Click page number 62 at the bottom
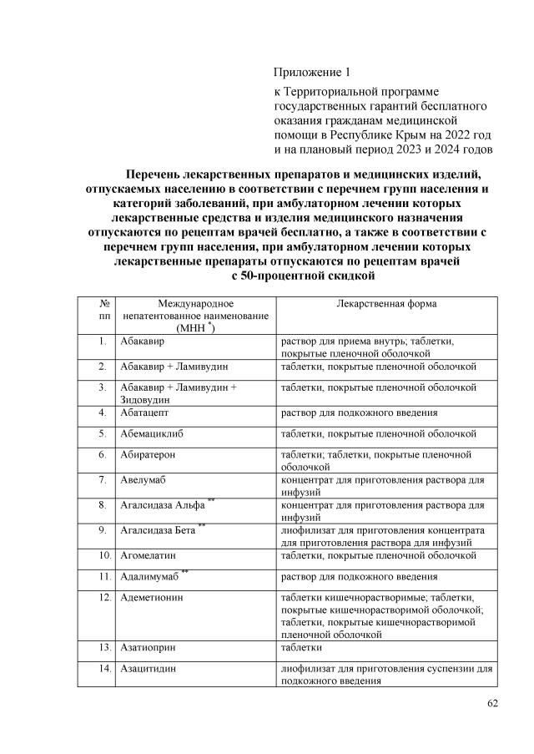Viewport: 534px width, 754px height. pos(492,703)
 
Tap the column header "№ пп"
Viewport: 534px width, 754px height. pos(104,311)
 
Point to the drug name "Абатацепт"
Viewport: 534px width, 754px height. pos(144,412)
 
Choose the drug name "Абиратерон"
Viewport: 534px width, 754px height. pos(148,455)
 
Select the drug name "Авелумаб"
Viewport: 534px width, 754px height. pos(142,480)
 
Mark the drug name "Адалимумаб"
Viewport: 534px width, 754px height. pos(150,576)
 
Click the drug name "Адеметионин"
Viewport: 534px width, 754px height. pos(151,598)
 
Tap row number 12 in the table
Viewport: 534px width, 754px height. pos(104,598)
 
